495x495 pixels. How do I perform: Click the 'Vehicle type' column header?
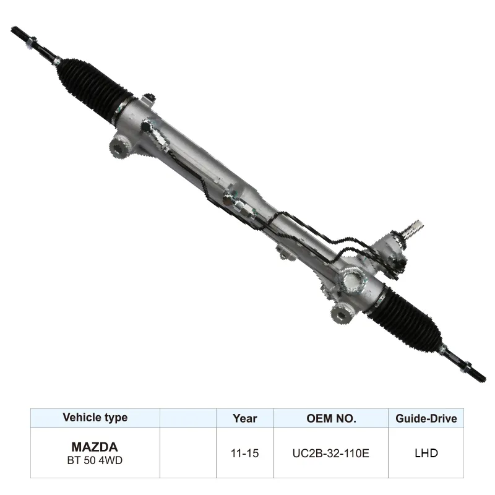pos(95,418)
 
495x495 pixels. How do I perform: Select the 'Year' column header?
pos(245,418)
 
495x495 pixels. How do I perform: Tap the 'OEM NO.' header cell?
pos(331,418)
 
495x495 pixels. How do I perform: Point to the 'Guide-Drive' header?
pos(426,418)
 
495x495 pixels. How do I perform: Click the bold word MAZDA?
pos(95,446)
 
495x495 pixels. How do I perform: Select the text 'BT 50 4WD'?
pos(95,460)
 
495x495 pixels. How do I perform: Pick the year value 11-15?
pos(245,453)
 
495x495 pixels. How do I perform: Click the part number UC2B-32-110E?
pos(331,453)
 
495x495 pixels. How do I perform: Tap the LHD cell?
pos(426,453)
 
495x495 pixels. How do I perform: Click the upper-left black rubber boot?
pos(93,84)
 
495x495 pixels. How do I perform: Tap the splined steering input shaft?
pos(412,229)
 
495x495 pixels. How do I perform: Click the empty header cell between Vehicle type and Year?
pos(188,418)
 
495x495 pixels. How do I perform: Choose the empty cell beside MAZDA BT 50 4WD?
pos(188,453)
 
